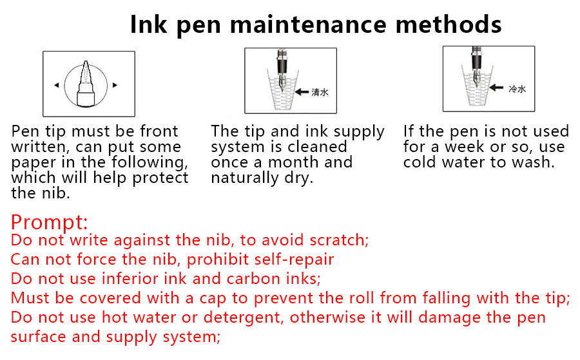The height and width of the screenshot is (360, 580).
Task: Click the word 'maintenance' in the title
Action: pyautogui.click(x=308, y=24)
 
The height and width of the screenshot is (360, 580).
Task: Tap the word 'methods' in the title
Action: pyautogui.click(x=449, y=24)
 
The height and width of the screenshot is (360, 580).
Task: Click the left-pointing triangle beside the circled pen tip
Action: pyautogui.click(x=57, y=85)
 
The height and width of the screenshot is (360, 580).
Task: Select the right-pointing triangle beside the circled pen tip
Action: pyautogui.click(x=115, y=85)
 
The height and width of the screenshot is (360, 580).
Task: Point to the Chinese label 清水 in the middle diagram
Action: pyautogui.click(x=320, y=92)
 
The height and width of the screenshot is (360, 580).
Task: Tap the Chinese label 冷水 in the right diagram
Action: pyautogui.click(x=517, y=89)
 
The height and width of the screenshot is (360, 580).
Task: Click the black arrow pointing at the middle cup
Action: pyautogui.click(x=302, y=91)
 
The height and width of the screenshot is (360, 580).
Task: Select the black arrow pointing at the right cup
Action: pyautogui.click(x=496, y=88)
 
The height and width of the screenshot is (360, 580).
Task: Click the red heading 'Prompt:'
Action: pyautogui.click(x=49, y=223)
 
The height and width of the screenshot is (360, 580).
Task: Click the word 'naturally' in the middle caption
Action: pyautogui.click(x=244, y=178)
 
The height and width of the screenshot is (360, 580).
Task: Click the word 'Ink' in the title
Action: pyautogui.click(x=148, y=24)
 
